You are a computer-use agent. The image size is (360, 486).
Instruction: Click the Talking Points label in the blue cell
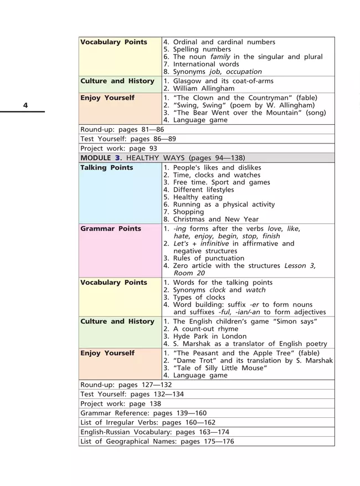[x=107, y=167]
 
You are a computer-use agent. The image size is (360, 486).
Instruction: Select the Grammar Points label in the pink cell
[x=111, y=228]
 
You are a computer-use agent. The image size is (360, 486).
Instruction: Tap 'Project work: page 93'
[x=119, y=149]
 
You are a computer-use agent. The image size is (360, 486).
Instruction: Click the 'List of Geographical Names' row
[x=157, y=441]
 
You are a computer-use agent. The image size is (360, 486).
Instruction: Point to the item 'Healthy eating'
[x=197, y=197]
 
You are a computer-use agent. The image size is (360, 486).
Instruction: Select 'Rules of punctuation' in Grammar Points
[x=208, y=258]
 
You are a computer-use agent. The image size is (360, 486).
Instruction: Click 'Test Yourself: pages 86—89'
[x=128, y=139]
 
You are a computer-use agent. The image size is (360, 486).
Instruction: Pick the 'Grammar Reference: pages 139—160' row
[x=143, y=413]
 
